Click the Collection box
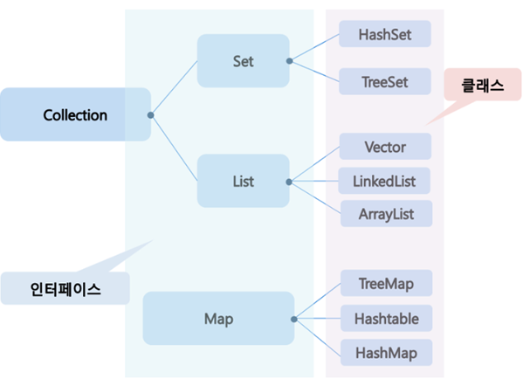pos(75,114)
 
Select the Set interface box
pos(243,61)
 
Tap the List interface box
pos(243,182)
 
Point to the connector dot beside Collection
pos(151,114)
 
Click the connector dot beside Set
pos(289,61)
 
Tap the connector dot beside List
pos(289,182)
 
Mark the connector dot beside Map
pos(294,319)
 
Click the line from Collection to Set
pos(175,87)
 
